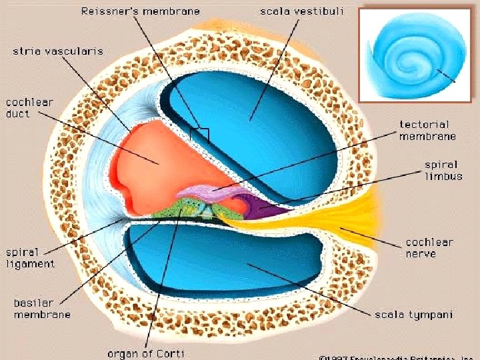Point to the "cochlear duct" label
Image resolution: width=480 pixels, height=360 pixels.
(x=29, y=108)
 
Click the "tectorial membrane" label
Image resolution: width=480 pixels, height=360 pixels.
(x=427, y=130)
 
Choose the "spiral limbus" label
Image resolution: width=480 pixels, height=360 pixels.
(x=441, y=170)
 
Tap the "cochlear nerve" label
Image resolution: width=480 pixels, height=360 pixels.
(x=429, y=247)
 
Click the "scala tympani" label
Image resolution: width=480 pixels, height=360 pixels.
(x=413, y=313)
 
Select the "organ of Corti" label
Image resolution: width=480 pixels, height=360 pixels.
(x=145, y=353)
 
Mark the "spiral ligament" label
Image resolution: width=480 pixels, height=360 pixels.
(x=31, y=258)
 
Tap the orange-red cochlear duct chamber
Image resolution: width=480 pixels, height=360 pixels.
(x=167, y=160)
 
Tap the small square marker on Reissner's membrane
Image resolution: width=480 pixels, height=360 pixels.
(x=199, y=135)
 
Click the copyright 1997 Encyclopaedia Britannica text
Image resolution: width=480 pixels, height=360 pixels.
(x=396, y=357)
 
